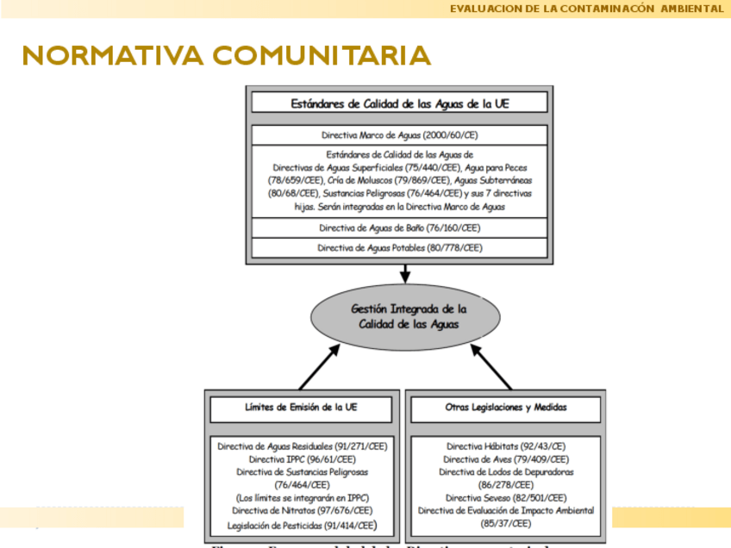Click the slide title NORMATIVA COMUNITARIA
pyautogui.click(x=227, y=56)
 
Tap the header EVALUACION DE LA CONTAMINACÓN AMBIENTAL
pyautogui.click(x=586, y=9)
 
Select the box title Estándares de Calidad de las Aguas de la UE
pyautogui.click(x=399, y=103)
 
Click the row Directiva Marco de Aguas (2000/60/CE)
pyautogui.click(x=399, y=135)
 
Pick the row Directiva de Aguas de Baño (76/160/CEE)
pyautogui.click(x=399, y=228)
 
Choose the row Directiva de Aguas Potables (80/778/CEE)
pyautogui.click(x=399, y=248)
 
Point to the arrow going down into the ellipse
pyautogui.click(x=405, y=274)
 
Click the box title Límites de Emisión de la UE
pyautogui.click(x=301, y=407)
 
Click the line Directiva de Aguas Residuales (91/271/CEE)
pyautogui.click(x=302, y=447)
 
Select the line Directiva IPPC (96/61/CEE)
pyautogui.click(x=302, y=460)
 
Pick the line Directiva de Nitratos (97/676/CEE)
pyautogui.click(x=302, y=511)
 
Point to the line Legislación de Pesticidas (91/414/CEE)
pyautogui.click(x=302, y=525)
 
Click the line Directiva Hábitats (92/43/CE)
pyautogui.click(x=506, y=447)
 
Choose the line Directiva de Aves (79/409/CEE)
pyautogui.click(x=506, y=460)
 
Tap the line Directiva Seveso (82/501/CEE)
pyautogui.click(x=506, y=498)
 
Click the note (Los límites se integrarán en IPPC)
pyautogui.click(x=302, y=498)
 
